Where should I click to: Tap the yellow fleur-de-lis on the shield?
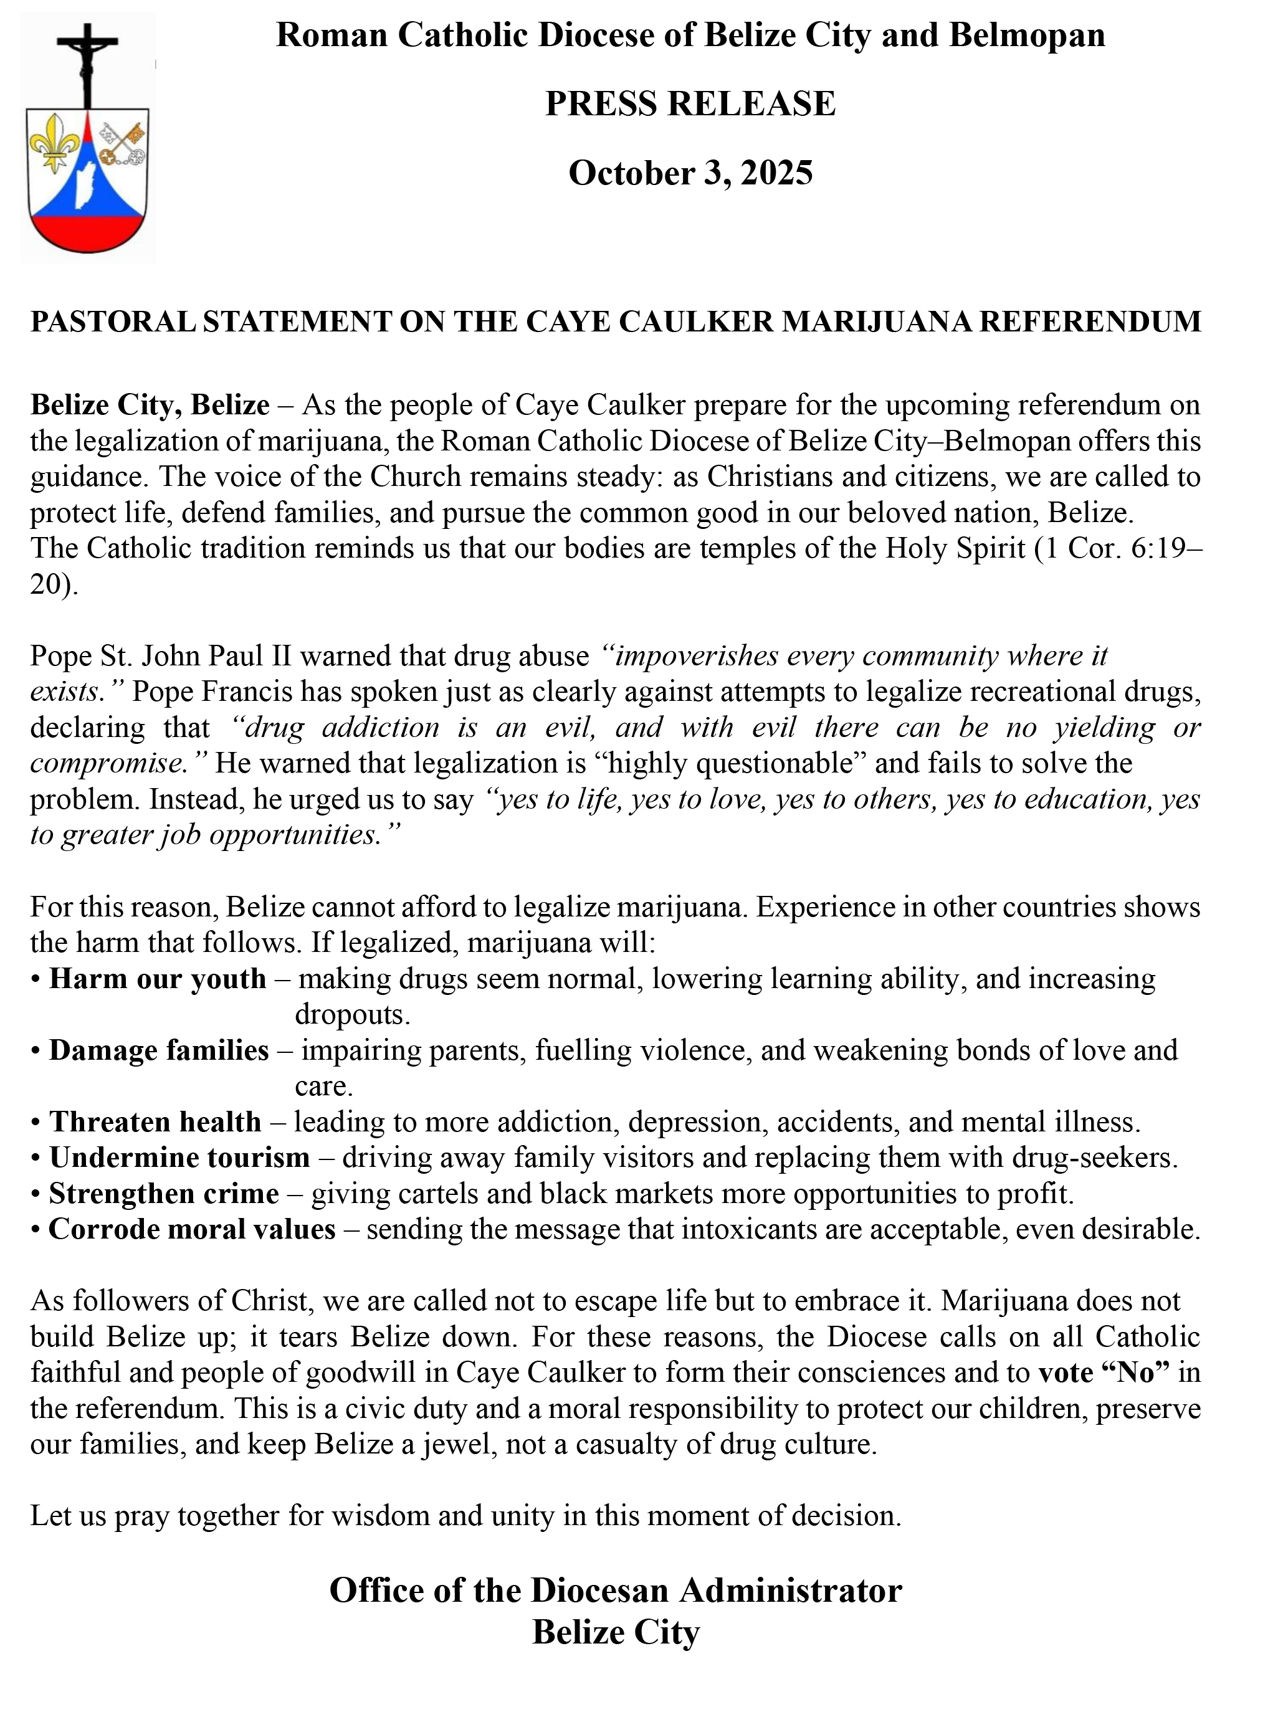click(55, 141)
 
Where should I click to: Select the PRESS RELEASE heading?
click(690, 103)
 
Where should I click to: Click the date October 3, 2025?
click(690, 173)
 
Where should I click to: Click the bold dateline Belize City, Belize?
click(150, 404)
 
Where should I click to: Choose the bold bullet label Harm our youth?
click(158, 979)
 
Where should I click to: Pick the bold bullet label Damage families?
click(160, 1050)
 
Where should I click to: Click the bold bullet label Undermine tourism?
click(179, 1158)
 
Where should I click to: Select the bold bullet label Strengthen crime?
click(164, 1194)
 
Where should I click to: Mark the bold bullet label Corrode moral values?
click(192, 1229)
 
